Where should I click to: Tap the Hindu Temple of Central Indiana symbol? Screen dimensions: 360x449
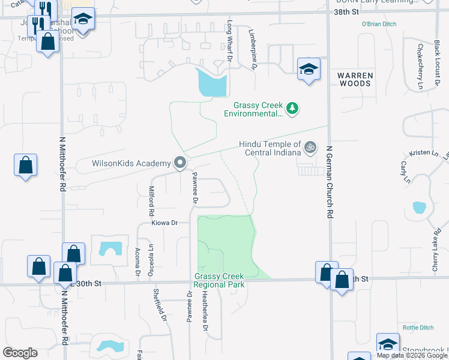coord(310,147)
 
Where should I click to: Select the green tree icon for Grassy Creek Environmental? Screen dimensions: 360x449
coord(292,109)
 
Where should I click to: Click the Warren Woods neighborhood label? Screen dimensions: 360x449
coord(355,79)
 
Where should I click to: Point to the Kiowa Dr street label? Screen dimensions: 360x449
coord(166,223)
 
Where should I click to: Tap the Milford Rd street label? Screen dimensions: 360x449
coord(151,201)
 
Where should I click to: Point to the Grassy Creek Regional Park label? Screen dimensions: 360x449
coord(220,280)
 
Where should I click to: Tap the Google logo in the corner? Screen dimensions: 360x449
coord(20,353)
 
